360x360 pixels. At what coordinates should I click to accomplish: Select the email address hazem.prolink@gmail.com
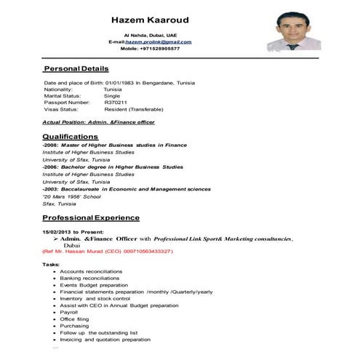(x=158, y=41)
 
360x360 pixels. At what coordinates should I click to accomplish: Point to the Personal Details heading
(x=76, y=68)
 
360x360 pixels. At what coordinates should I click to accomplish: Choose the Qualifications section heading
(x=71, y=136)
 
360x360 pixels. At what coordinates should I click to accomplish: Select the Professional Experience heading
(x=91, y=217)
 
